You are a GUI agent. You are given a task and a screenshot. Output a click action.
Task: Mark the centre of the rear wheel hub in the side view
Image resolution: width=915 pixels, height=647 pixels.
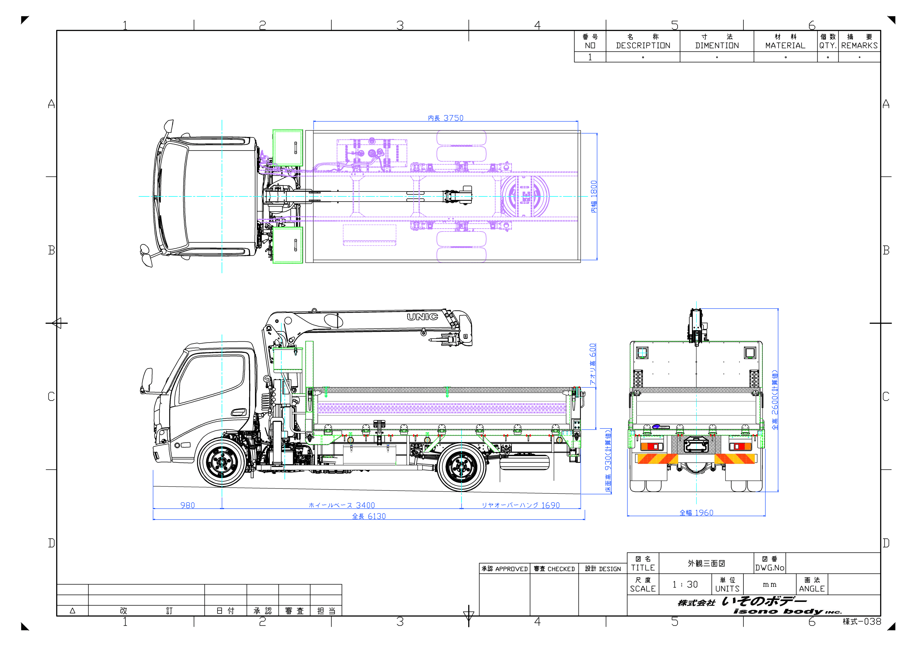click(462, 467)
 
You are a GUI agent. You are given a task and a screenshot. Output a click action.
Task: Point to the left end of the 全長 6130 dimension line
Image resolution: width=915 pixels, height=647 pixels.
click(154, 519)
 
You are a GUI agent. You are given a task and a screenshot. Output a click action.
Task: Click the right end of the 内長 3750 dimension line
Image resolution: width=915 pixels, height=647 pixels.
click(578, 121)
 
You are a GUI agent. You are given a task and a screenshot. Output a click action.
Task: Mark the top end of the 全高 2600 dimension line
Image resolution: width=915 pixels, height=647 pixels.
click(778, 309)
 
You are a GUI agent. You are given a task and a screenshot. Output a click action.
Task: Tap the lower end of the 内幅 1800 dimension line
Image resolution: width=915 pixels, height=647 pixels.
click(597, 260)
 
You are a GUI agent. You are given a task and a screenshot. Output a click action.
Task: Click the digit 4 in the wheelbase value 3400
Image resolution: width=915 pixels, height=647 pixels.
click(363, 505)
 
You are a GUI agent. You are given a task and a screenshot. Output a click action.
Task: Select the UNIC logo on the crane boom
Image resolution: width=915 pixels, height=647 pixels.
click(422, 317)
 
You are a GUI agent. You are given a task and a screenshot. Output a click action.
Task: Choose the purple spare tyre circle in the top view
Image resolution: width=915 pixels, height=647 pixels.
click(525, 196)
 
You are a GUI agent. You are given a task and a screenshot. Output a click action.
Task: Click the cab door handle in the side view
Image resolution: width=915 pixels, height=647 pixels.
click(238, 412)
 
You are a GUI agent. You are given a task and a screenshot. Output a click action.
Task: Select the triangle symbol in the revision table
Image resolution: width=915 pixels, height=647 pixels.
click(72, 610)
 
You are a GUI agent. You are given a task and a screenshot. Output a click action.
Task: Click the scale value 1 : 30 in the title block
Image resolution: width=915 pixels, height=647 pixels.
click(685, 584)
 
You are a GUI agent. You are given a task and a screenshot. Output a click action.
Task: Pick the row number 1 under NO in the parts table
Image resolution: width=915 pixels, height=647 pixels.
click(590, 57)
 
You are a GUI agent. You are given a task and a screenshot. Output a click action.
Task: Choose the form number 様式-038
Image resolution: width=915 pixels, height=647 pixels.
click(862, 622)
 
